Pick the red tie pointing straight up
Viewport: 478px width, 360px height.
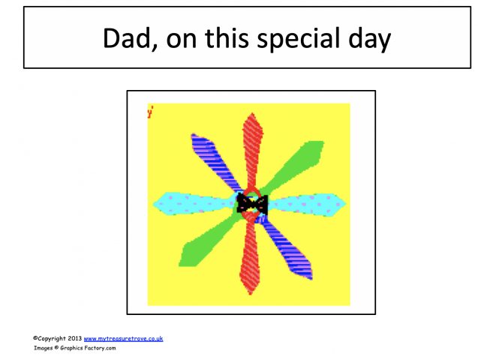(x=252, y=146)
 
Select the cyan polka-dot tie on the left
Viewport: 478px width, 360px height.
(x=191, y=202)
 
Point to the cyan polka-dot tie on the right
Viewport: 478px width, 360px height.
(x=308, y=202)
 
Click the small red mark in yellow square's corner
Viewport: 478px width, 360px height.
(x=151, y=113)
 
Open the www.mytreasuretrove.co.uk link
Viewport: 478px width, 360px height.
(x=123, y=339)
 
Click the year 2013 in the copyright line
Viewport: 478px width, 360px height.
(x=74, y=339)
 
